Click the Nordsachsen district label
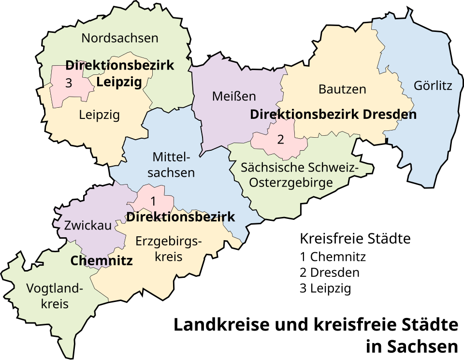[x=120, y=38]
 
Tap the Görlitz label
[x=433, y=86]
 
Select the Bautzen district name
[x=342, y=89]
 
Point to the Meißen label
[x=234, y=96]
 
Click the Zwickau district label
[x=88, y=225]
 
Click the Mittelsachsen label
[x=171, y=165]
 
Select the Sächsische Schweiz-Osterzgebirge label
[x=300, y=175]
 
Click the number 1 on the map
[x=153, y=201]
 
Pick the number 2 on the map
[x=280, y=140]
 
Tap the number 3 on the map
[x=69, y=84]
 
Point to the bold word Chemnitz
[x=101, y=261]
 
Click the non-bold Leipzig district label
[x=99, y=115]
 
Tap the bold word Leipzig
[x=119, y=82]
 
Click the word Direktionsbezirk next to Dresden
[x=304, y=115]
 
